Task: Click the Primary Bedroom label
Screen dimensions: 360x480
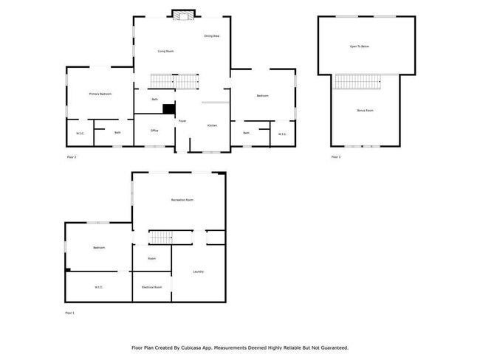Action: [x=100, y=94]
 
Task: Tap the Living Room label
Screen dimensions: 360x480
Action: [x=166, y=51]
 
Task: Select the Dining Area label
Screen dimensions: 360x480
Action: [x=212, y=35]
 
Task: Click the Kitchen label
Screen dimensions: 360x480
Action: [x=212, y=125]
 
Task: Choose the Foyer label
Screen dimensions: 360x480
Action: [x=181, y=120]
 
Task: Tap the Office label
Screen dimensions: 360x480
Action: [x=154, y=131]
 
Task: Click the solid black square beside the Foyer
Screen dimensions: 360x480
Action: [x=169, y=109]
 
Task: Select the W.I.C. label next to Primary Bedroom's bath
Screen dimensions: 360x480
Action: [x=80, y=134]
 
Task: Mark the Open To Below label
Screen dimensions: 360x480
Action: [x=360, y=46]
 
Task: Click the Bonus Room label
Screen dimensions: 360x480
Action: [x=365, y=110]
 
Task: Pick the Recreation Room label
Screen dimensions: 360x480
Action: [x=182, y=200]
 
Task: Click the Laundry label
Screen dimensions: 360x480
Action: [x=198, y=271]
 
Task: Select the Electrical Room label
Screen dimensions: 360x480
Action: [x=151, y=287]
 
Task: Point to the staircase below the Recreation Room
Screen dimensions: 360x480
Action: [x=160, y=237]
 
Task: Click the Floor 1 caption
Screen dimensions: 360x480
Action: [x=71, y=313]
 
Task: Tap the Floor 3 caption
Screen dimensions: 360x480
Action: [x=335, y=157]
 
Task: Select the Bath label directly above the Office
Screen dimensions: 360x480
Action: [x=154, y=99]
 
